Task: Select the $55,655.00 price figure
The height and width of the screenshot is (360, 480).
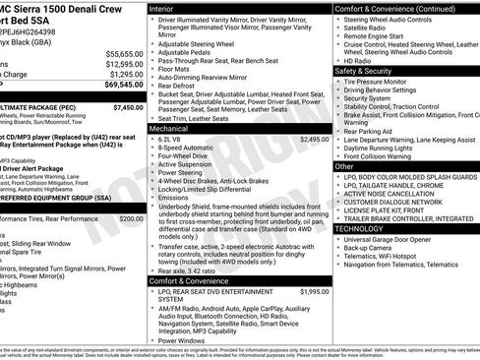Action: coord(122,53)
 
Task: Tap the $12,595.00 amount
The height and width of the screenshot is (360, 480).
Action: coord(122,64)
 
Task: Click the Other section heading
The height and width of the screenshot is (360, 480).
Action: coord(344,167)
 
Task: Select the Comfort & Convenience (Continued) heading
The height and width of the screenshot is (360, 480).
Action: coord(393,7)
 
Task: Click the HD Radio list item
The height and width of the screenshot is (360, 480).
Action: coord(360,61)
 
